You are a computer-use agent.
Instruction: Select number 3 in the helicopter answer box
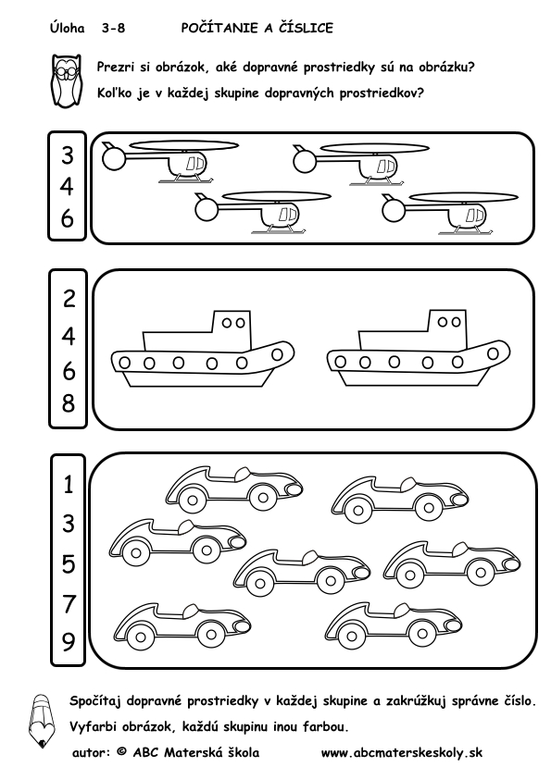coord(67,155)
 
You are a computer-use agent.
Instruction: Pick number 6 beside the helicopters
coord(67,218)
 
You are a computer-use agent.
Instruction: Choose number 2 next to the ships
coord(69,298)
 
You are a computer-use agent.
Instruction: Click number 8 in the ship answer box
coord(69,402)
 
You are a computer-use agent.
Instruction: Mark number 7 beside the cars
coord(69,604)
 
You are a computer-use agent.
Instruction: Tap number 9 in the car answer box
coord(69,642)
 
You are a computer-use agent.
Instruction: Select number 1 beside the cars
coord(69,484)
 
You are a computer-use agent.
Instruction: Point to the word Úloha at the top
coord(67,28)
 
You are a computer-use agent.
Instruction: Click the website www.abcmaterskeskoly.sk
coord(402,753)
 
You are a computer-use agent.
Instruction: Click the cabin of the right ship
coord(448,328)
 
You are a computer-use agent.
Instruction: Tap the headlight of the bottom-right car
coord(453,624)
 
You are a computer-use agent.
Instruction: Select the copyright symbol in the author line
coord(121,752)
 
